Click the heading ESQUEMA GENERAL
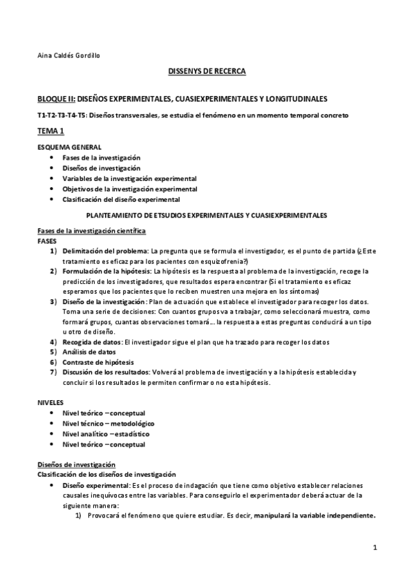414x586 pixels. pos(69,147)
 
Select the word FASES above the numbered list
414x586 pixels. pos(48,240)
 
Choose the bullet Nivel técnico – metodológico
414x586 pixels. pos(108,423)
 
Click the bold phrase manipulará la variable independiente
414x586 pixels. pos(314,516)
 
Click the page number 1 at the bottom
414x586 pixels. pos(374,548)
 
